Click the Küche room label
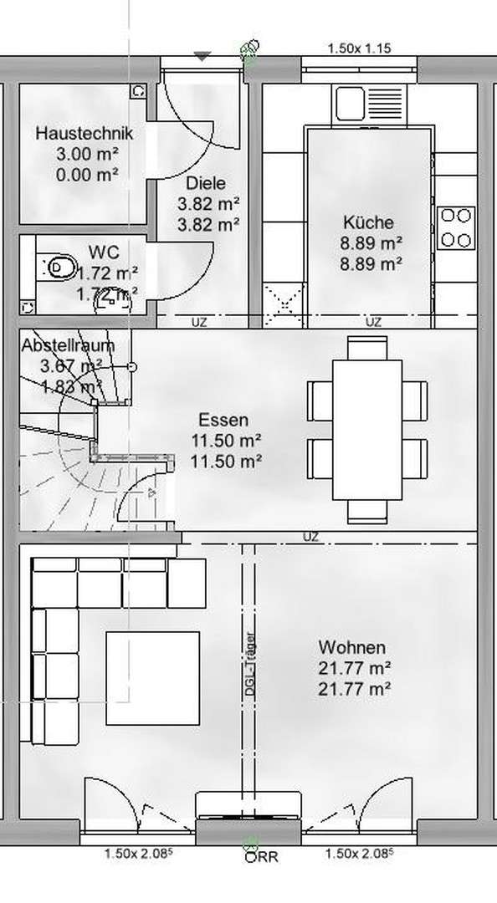[368, 223]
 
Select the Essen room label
[223, 421]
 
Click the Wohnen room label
[351, 648]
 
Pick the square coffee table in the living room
[152, 678]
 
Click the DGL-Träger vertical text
[251, 661]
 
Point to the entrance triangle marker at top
[202, 56]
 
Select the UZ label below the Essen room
[311, 537]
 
